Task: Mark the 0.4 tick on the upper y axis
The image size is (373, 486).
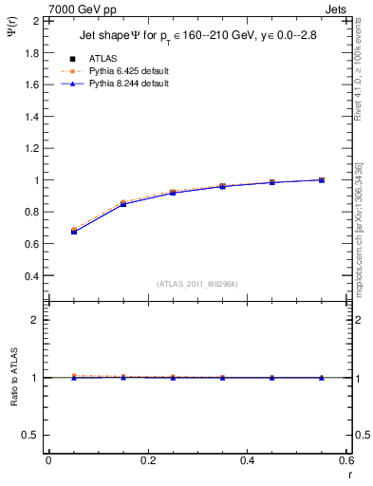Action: coord(35,276)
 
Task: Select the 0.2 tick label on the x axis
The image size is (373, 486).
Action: coord(147,460)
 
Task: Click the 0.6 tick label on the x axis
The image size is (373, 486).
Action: coord(345,460)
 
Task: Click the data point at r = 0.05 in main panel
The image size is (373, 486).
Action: coord(73,231)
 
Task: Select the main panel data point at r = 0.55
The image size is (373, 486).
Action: coord(322,179)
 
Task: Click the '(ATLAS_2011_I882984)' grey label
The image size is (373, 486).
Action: coord(197,283)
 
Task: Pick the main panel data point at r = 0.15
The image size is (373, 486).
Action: coord(123,204)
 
